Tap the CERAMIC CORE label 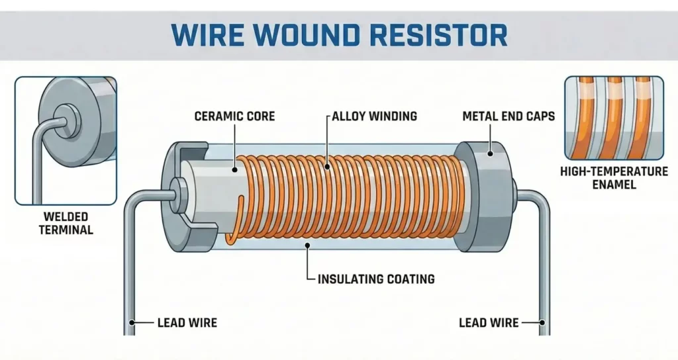pyautogui.click(x=234, y=116)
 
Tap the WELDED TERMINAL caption pyautogui.click(x=67, y=223)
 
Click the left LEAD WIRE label pyautogui.click(x=187, y=323)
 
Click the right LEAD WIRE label pyautogui.click(x=489, y=323)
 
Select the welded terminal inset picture pyautogui.click(x=66, y=140)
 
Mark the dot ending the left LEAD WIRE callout pyautogui.click(x=132, y=323)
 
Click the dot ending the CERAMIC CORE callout pyautogui.click(x=234, y=170)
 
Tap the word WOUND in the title pyautogui.click(x=305, y=34)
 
